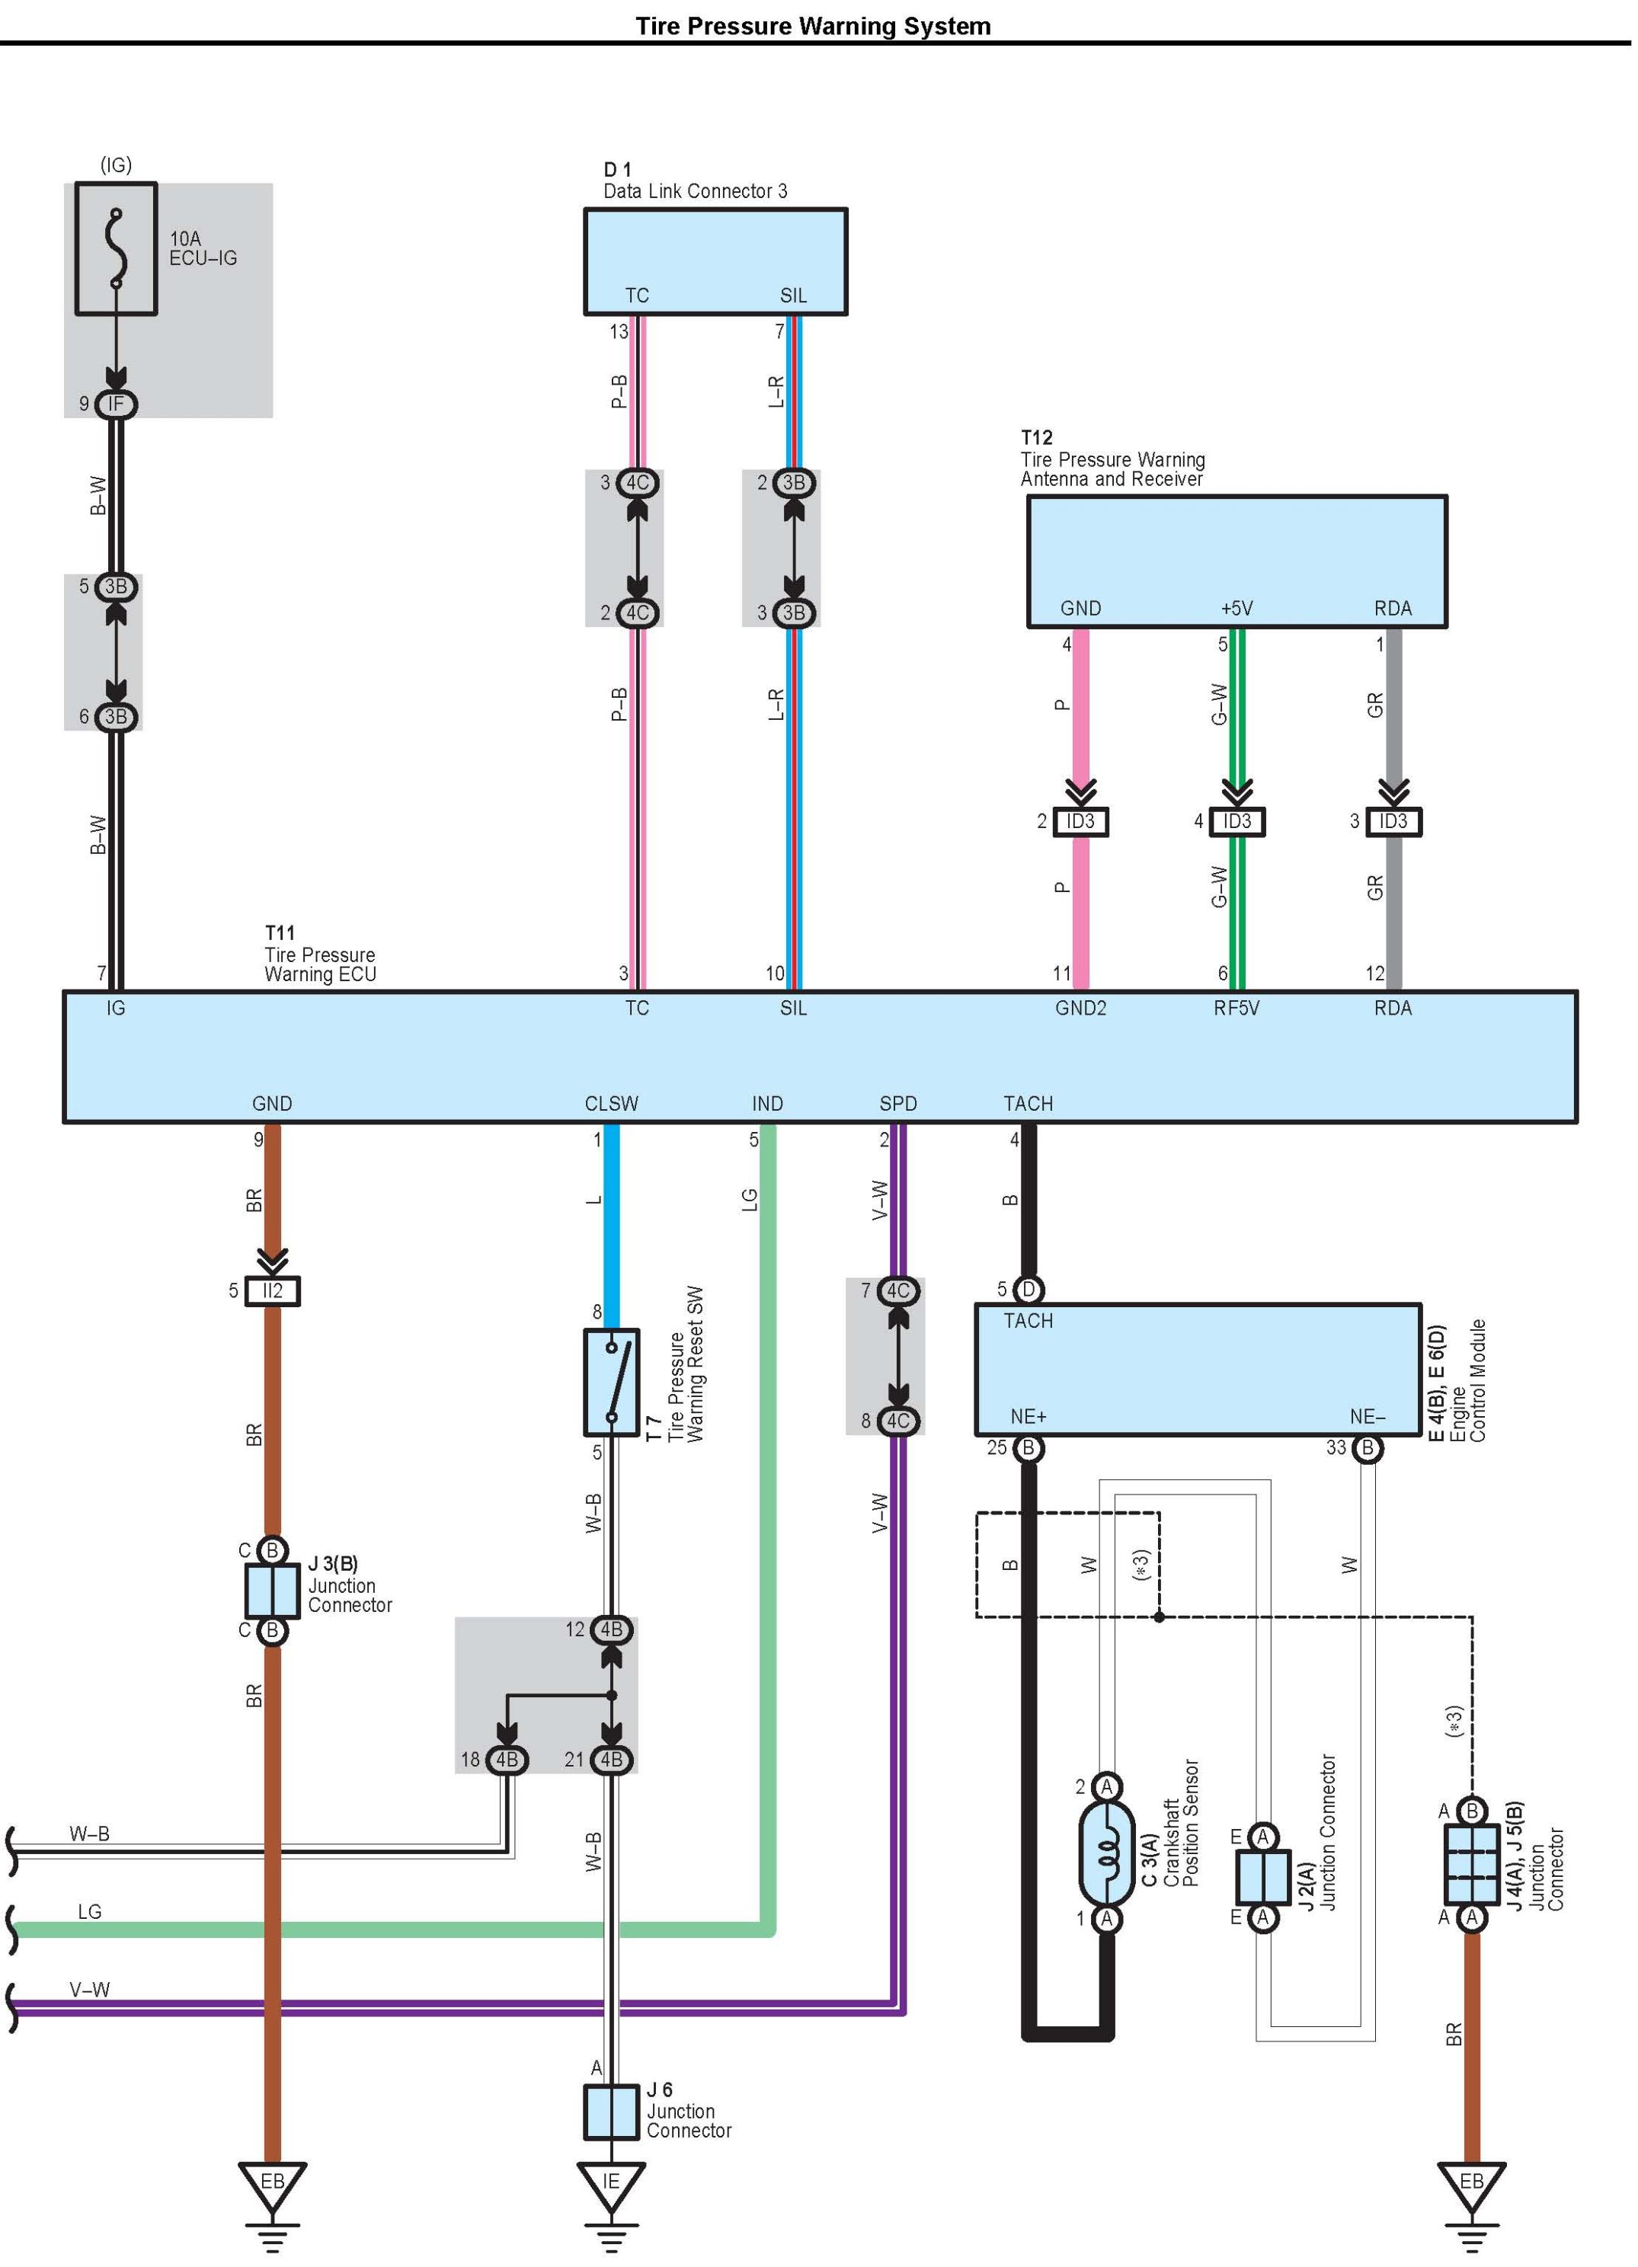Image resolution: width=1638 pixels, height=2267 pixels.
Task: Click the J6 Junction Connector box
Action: pos(610,2112)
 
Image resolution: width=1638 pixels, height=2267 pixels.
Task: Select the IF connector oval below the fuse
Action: pos(116,404)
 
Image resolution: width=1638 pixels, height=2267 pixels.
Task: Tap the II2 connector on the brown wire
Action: pos(272,1290)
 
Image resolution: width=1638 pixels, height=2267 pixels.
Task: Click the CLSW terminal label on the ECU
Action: pos(612,1104)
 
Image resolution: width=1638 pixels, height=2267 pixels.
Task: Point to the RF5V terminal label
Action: pos(1236,1009)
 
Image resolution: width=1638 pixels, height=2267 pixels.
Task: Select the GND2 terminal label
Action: pos(1080,1009)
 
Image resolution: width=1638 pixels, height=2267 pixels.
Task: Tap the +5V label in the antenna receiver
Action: pos(1236,609)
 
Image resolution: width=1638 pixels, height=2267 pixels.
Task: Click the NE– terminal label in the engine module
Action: pos(1368,1416)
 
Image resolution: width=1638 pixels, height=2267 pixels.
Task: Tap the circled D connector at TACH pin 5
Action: pos(1029,1290)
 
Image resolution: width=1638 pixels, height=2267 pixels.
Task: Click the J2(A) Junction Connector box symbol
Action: pos(1263,1877)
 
